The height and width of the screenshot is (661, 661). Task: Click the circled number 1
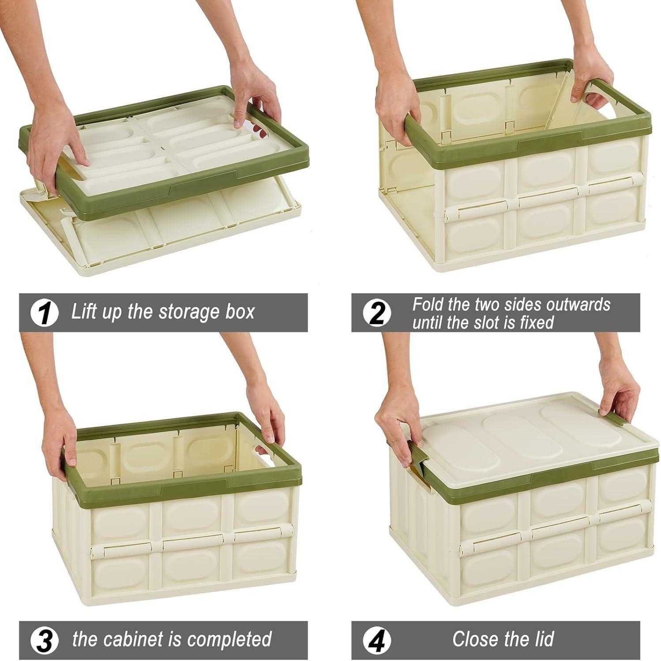coord(44,312)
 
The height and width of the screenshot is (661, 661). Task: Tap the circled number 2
coord(376,313)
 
